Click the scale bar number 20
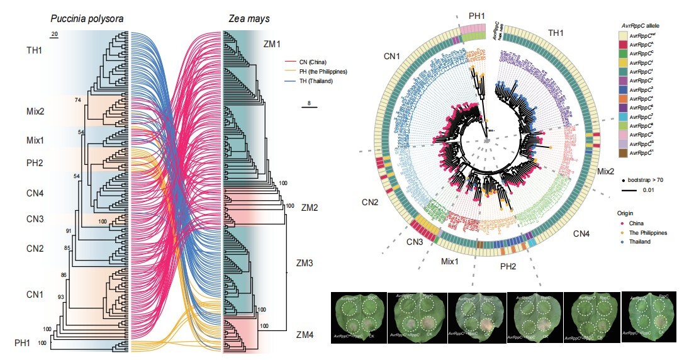click(55, 33)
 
